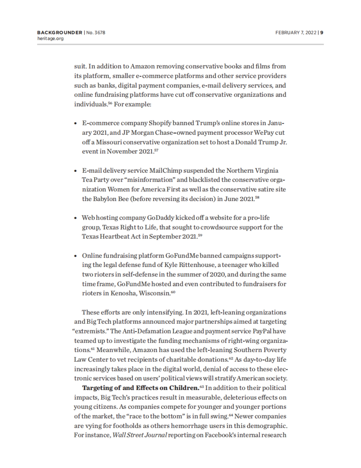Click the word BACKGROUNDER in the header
point(60,33)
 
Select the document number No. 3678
point(96,33)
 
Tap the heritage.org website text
point(50,39)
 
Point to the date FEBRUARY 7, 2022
point(296,33)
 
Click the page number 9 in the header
point(322,33)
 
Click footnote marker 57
point(156,150)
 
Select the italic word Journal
point(155,435)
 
